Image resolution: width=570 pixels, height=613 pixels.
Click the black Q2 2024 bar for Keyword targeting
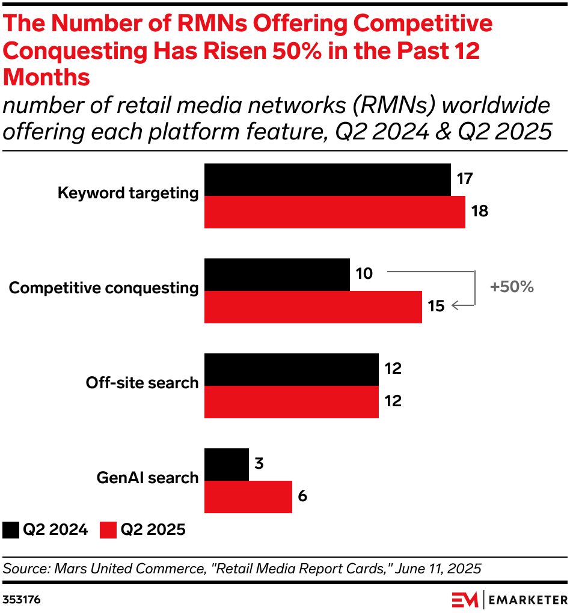(x=328, y=180)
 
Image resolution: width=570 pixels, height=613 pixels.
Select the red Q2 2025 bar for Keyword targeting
(x=335, y=212)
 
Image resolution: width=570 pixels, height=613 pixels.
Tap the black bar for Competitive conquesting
(x=277, y=275)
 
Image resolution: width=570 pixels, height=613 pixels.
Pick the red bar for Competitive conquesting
(x=313, y=307)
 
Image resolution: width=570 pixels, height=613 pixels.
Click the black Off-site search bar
(x=292, y=370)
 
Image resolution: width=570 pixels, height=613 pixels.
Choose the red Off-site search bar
(x=292, y=402)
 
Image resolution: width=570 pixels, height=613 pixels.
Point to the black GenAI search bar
(x=227, y=465)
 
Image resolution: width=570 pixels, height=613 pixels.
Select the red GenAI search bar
(x=248, y=497)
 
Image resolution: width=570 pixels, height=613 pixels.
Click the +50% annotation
(x=512, y=287)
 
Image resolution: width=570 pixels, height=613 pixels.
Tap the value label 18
(x=479, y=212)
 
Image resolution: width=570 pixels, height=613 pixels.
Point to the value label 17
(x=465, y=179)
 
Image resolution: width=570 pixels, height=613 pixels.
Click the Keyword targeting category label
(x=128, y=193)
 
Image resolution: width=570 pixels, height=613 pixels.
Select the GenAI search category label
(x=147, y=478)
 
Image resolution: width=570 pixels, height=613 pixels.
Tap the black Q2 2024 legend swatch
(x=11, y=530)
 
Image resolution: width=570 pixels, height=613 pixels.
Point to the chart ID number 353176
(x=22, y=599)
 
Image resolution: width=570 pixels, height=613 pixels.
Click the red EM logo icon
(x=465, y=599)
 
